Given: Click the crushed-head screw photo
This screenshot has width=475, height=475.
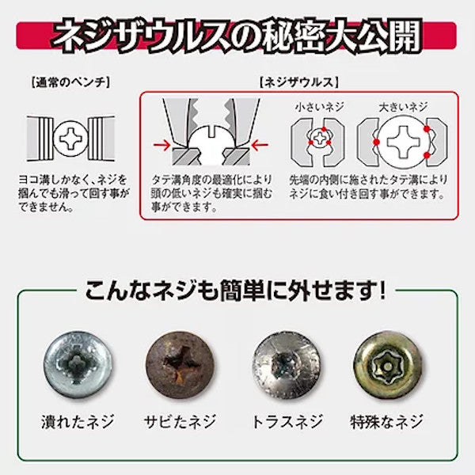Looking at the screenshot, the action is pos(78,365).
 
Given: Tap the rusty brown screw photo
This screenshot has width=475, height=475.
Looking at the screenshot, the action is pos(180,365).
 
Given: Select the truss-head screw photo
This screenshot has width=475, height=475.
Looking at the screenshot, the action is pos(287,365).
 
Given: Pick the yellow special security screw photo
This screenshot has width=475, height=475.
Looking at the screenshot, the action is pos(388,365).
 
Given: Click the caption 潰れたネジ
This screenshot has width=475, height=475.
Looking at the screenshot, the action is pos(78,422).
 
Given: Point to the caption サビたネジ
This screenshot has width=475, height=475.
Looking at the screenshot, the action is pos(180,422).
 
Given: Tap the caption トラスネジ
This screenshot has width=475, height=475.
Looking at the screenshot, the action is pos(287,422).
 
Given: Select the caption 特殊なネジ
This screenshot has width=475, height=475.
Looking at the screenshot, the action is pos(386,422).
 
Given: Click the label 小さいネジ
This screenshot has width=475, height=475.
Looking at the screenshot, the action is pos(319,107).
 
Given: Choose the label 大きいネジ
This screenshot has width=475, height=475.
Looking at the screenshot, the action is pos(403,107).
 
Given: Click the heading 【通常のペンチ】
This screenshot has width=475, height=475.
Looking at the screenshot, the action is pos(70,82).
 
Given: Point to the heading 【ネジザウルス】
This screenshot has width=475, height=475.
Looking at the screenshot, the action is pos(298,82).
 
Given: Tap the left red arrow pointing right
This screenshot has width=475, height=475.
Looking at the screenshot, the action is pos(161,145).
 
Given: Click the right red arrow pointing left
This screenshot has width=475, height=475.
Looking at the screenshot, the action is pos(260,145).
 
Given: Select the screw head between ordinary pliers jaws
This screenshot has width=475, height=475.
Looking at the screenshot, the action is pos(70,139).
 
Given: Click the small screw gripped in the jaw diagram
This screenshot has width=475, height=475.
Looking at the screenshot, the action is pos(320,138).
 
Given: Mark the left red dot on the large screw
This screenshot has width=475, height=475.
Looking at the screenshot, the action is pos(376,142).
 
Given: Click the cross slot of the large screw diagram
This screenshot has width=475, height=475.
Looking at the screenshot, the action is pos(403,142).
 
